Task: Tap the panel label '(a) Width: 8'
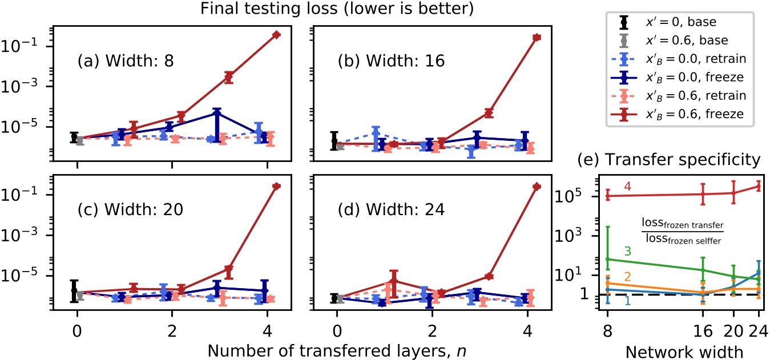(x=131, y=61)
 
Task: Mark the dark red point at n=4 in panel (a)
(x=277, y=35)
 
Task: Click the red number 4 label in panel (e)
(x=627, y=187)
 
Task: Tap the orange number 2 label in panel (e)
(x=627, y=277)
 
